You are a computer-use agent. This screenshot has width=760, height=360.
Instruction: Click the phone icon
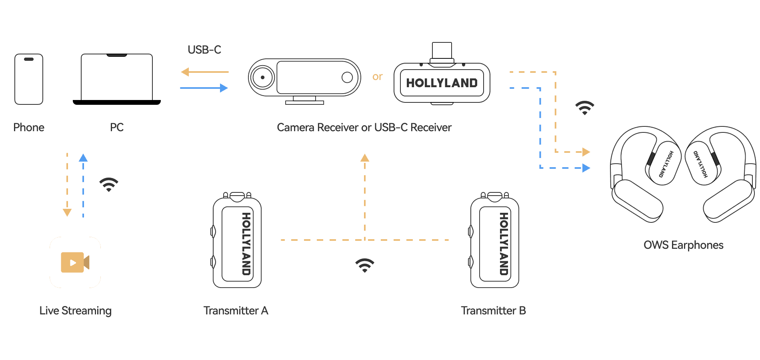[29, 79]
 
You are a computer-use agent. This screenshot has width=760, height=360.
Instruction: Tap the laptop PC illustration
[117, 79]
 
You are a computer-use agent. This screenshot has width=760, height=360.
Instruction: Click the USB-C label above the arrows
[204, 50]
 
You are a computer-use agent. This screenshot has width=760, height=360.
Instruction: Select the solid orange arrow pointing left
[204, 72]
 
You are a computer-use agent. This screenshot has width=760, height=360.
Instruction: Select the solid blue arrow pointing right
[204, 88]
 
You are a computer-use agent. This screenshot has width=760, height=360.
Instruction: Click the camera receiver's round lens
[262, 77]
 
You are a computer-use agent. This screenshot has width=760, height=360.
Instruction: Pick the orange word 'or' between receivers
[378, 76]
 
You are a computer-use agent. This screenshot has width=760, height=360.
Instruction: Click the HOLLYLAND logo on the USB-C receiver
[442, 83]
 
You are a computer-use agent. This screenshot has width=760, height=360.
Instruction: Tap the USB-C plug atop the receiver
[442, 51]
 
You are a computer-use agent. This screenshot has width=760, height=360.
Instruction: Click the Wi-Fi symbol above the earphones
[585, 108]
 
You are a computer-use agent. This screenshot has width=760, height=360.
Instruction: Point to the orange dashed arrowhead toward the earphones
[586, 152]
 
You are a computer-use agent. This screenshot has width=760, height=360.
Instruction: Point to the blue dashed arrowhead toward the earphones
[586, 168]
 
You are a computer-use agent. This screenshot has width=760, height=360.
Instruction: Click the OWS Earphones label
[683, 245]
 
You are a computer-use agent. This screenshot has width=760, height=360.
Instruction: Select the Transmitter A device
[237, 240]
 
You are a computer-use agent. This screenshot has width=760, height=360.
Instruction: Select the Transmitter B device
[494, 240]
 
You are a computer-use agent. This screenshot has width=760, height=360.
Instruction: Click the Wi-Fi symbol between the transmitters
[365, 265]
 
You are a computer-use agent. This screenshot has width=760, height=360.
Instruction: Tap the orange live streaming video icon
[75, 262]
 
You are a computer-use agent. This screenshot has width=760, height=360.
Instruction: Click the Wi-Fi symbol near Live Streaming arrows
[109, 184]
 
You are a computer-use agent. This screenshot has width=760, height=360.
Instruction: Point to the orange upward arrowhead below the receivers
[365, 158]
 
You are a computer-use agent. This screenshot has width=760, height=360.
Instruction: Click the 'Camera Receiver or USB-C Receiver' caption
[364, 127]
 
